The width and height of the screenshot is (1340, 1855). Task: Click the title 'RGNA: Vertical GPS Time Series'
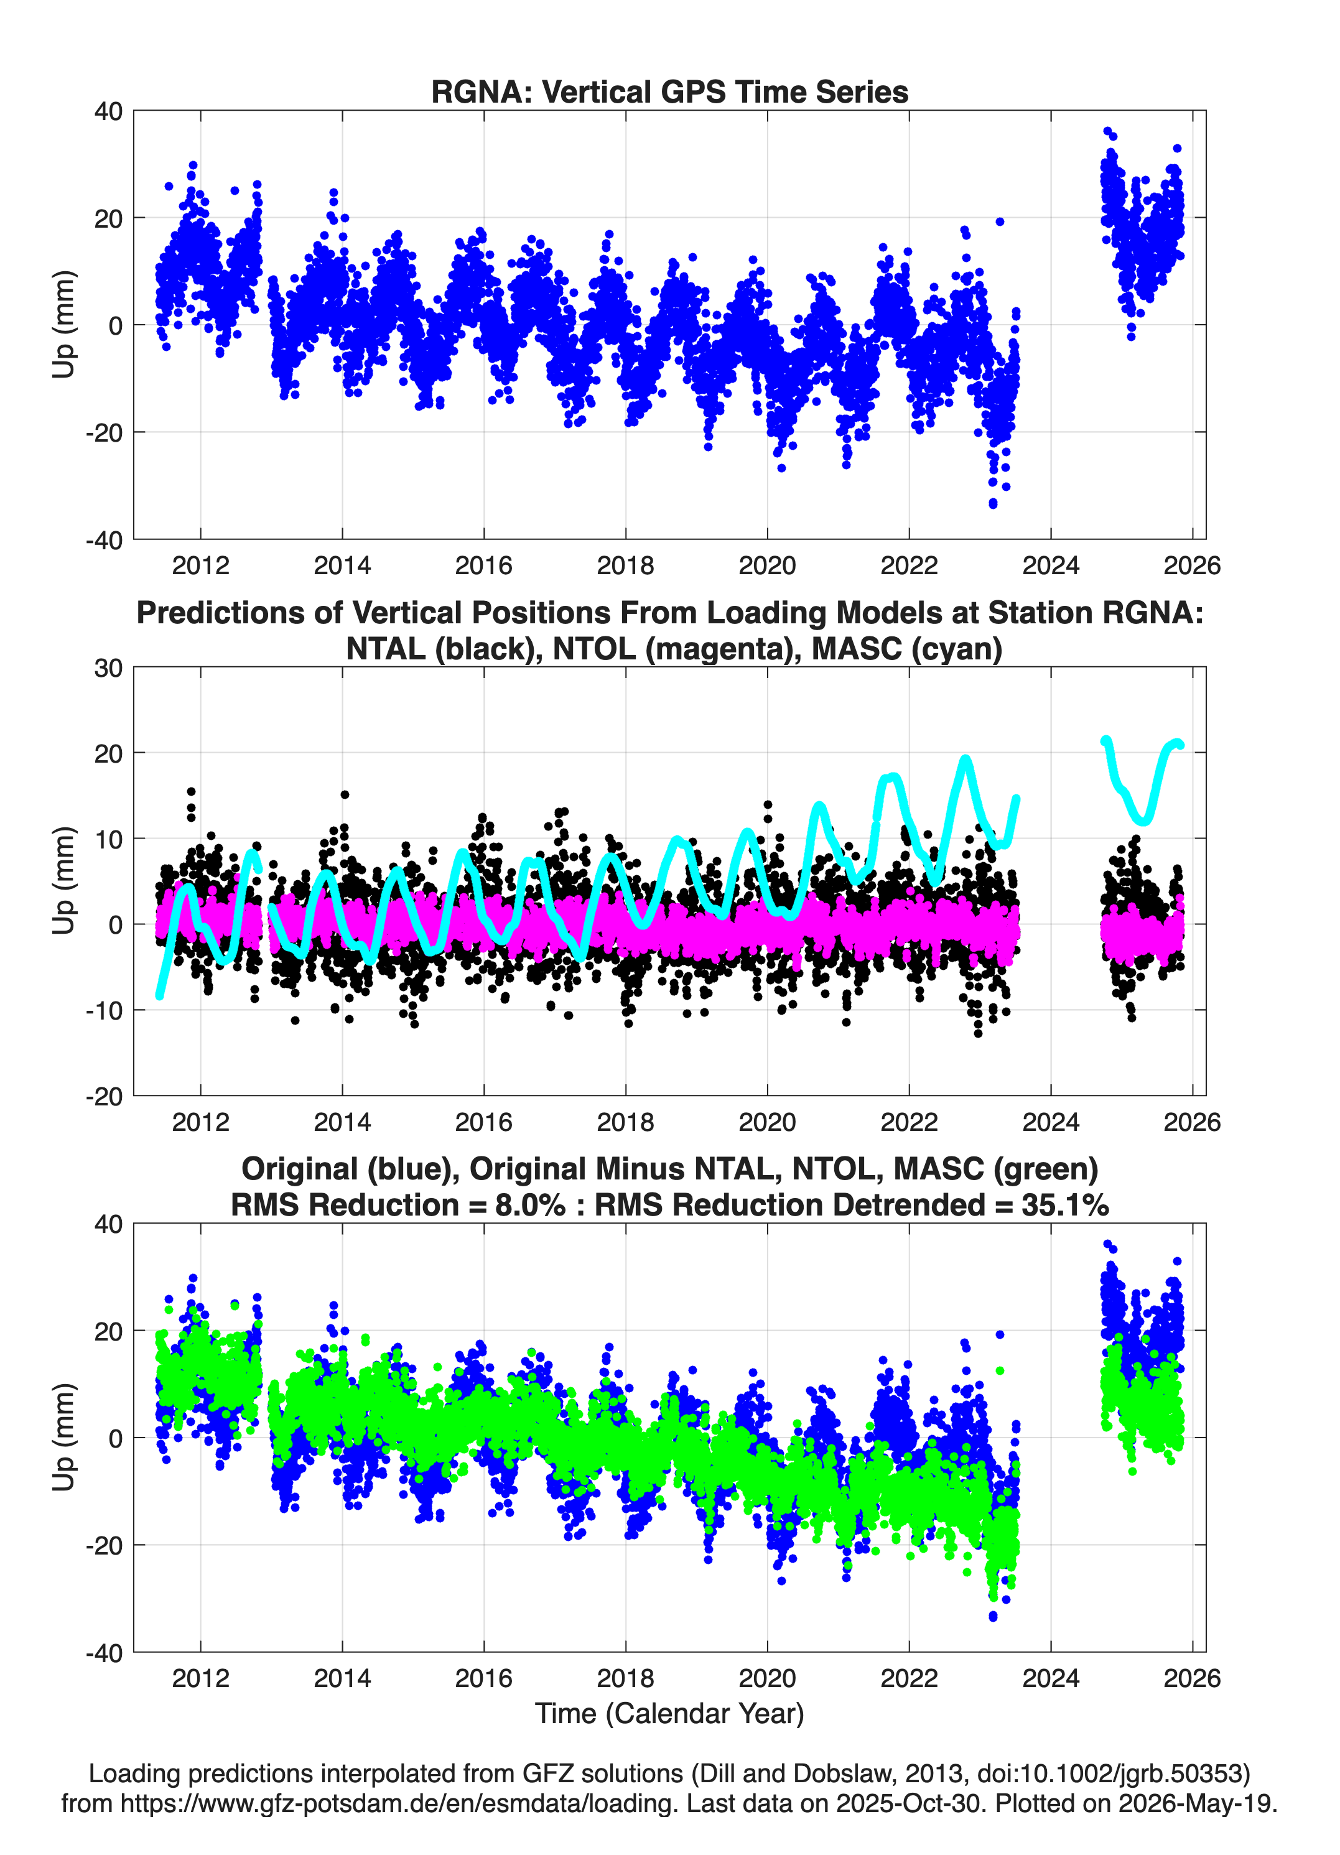(x=669, y=91)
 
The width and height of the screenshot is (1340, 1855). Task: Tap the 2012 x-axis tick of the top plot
(x=200, y=565)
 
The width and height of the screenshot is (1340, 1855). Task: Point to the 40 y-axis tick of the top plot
(x=109, y=111)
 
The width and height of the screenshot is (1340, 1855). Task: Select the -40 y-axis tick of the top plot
(x=105, y=540)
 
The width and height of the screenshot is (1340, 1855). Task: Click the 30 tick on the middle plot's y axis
(x=109, y=668)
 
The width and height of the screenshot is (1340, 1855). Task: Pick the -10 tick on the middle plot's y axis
(x=105, y=1011)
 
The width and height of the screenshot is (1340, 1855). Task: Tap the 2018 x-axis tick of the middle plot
(x=626, y=1122)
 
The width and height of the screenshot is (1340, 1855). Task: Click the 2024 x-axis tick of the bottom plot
(x=1050, y=1678)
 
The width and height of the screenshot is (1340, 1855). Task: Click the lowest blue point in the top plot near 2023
(x=993, y=504)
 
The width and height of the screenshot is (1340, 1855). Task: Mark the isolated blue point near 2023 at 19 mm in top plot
(x=1000, y=221)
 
